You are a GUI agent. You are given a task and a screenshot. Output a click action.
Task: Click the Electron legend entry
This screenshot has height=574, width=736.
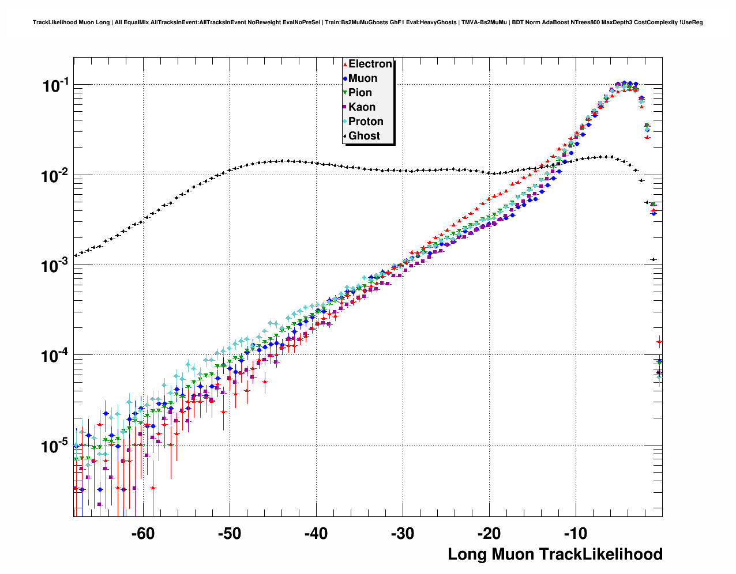[370, 64]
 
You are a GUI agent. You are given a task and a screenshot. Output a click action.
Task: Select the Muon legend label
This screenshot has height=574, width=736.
[363, 78]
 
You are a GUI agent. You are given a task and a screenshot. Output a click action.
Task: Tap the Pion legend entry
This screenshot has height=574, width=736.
[360, 93]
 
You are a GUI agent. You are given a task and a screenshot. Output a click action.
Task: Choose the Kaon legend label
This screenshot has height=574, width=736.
[362, 107]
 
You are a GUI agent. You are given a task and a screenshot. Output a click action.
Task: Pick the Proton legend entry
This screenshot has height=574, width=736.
[366, 122]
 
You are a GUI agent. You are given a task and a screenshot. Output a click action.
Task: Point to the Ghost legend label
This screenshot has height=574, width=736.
[364, 136]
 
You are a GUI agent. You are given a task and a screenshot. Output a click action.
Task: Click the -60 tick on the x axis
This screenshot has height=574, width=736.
[142, 534]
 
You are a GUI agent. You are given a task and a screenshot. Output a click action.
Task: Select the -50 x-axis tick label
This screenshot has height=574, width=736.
[229, 534]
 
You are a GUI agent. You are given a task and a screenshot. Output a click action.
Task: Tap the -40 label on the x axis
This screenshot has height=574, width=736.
[316, 534]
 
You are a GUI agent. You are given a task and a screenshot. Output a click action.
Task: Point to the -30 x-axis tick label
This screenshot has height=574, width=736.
[402, 534]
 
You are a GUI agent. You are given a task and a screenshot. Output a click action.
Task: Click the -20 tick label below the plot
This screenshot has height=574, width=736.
[489, 534]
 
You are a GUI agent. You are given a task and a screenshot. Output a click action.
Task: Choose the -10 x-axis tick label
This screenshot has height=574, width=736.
[575, 534]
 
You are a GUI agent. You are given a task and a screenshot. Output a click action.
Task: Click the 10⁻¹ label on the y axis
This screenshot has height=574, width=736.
[55, 86]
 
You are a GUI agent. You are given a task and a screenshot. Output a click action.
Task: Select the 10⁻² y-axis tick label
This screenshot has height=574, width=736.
[55, 176]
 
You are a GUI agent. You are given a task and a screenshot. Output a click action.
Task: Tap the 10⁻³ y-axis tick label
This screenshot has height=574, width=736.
[55, 266]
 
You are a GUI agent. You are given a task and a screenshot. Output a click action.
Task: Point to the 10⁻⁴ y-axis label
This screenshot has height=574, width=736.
[55, 356]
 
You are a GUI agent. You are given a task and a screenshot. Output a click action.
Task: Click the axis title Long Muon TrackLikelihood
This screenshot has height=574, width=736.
[555, 554]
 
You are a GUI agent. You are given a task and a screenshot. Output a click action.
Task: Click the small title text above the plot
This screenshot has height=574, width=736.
[367, 22]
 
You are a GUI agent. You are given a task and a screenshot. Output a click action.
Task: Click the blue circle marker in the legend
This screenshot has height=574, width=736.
[345, 78]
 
